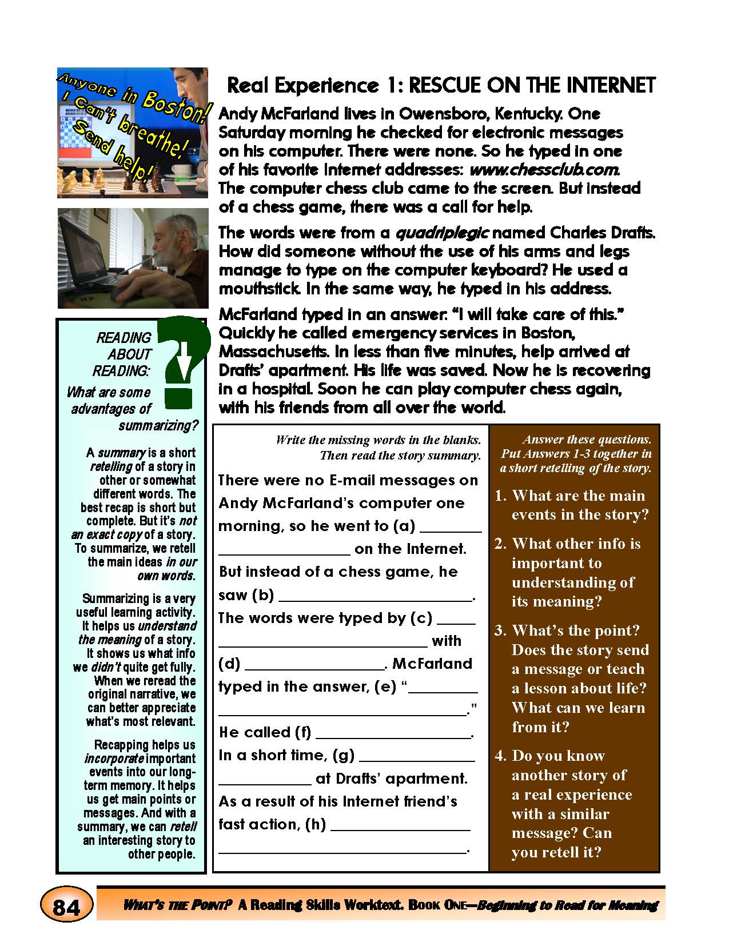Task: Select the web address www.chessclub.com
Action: pos(545,170)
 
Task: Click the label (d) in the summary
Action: pos(229,664)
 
